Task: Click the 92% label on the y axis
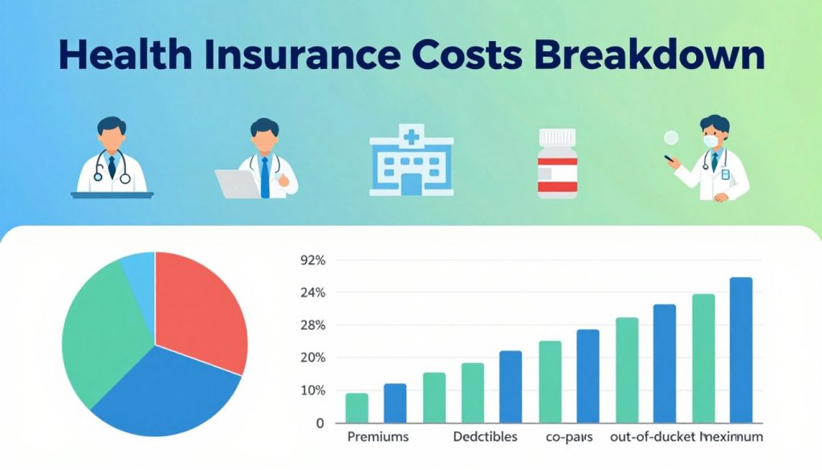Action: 311,260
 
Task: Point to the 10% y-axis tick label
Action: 311,390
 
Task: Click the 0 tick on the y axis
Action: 319,423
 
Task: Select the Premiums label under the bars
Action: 377,438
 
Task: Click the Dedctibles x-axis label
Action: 485,438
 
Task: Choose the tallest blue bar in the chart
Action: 740,349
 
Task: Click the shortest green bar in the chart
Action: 356,407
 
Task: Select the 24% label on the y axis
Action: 311,293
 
